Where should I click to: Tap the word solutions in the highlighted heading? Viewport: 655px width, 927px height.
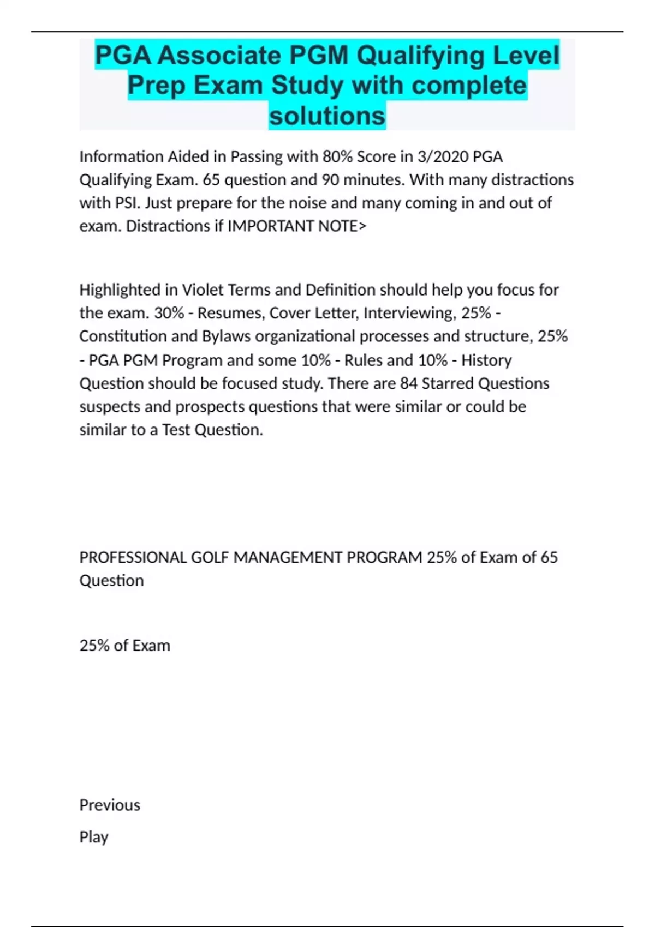tap(327, 116)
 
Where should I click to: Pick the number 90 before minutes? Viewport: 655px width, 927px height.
tap(330, 180)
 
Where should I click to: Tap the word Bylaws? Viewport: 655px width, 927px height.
tap(227, 336)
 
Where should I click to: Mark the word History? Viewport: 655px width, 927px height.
tap(486, 360)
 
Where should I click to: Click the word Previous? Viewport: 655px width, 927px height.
tap(110, 805)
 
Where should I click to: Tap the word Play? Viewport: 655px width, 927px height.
tap(94, 837)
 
